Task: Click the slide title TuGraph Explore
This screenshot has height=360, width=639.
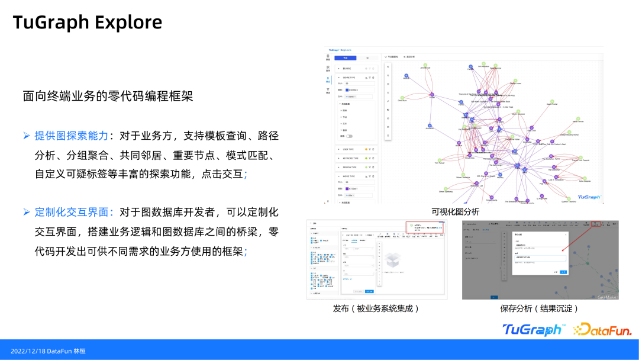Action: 88,22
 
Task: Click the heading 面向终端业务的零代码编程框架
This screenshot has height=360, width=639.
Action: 108,96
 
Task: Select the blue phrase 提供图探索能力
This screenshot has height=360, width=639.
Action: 72,136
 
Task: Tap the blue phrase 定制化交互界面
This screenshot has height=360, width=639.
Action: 72,212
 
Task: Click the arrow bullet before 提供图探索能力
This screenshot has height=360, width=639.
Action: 27,136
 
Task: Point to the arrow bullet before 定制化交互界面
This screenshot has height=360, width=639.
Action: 27,212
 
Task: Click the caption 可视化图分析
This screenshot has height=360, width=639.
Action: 455,211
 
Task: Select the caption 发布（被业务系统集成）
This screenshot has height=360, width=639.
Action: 376,308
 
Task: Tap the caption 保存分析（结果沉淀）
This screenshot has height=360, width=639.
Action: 539,308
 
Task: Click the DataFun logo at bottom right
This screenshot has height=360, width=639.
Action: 602,329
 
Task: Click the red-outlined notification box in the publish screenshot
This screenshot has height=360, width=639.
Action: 425,227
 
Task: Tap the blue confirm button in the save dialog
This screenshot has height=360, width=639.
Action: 563,272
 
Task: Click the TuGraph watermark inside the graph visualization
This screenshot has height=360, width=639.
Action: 588,197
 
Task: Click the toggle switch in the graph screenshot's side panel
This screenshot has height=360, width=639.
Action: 349,136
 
